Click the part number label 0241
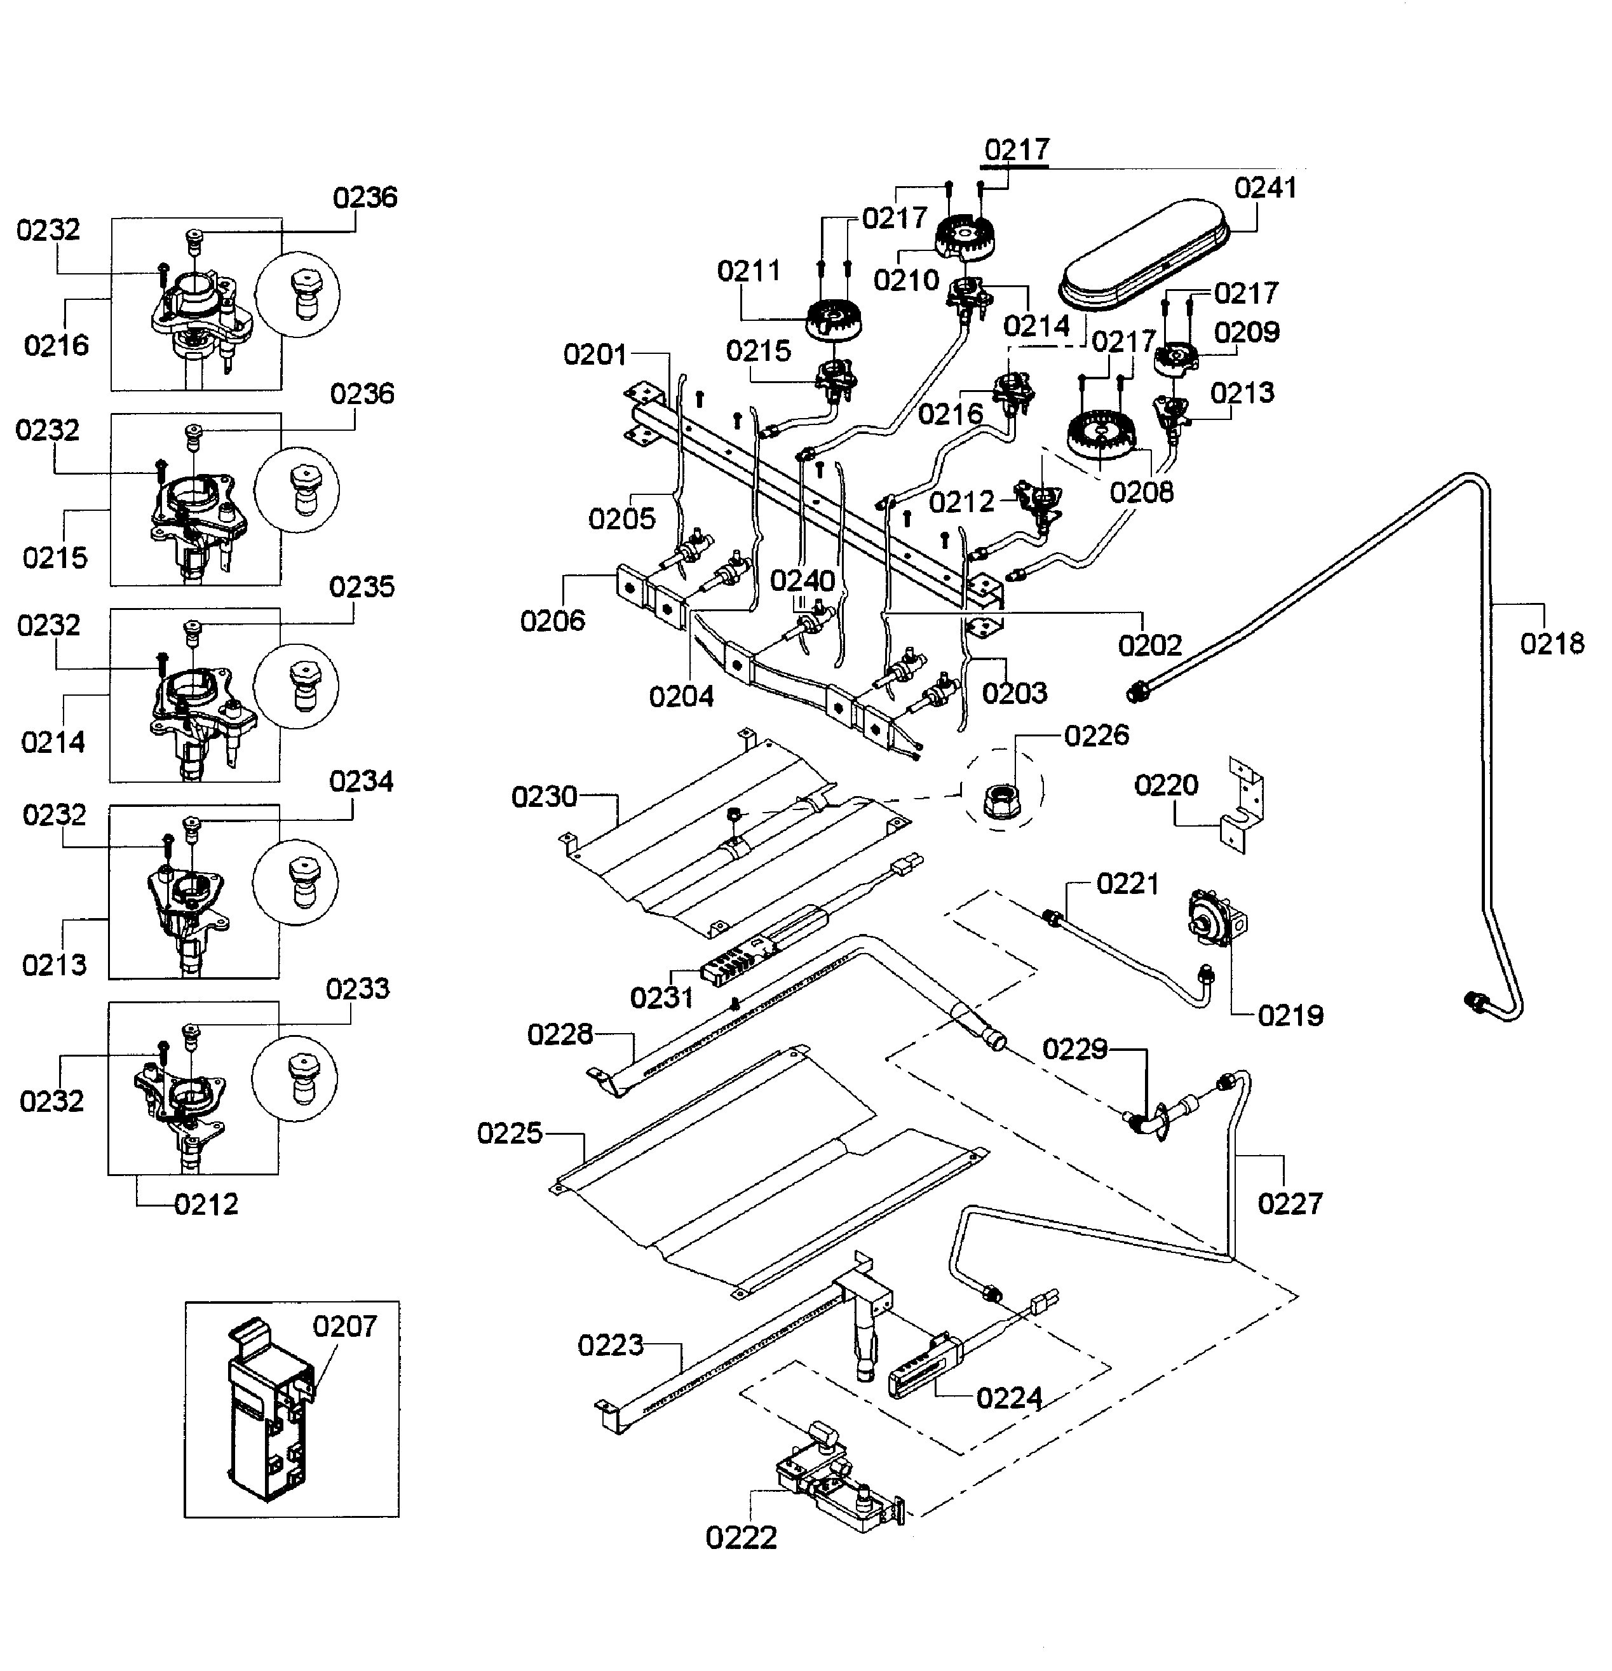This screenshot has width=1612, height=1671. click(1265, 187)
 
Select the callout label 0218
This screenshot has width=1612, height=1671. click(1552, 643)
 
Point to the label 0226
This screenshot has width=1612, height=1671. click(1096, 735)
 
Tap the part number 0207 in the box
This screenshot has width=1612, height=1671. click(344, 1326)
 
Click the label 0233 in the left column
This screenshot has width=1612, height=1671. click(358, 988)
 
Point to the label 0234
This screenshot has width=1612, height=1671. click(362, 781)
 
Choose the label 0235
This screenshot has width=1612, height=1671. click(362, 586)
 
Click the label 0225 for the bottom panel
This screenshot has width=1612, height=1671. click(510, 1133)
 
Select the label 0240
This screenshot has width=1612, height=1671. click(802, 581)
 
